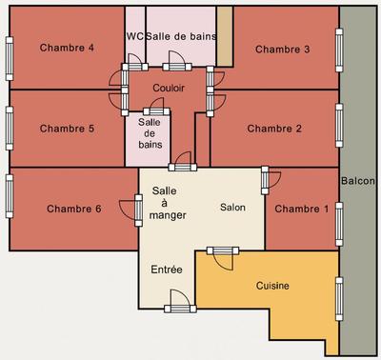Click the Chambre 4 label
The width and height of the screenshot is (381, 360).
66,49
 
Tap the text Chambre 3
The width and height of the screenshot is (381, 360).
283,50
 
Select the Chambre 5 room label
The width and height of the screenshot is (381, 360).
66,129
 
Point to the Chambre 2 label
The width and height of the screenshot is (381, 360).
274,129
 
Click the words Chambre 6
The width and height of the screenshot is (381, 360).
73,209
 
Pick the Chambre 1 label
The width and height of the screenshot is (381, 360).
301,209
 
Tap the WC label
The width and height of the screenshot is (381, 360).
134,36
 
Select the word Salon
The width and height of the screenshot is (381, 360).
233,207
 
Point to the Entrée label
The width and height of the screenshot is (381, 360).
167,270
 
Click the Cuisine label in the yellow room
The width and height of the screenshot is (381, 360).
272,286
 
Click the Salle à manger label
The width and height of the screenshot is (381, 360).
168,203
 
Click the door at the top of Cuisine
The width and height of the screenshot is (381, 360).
222,252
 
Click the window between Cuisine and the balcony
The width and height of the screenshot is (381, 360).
339,295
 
